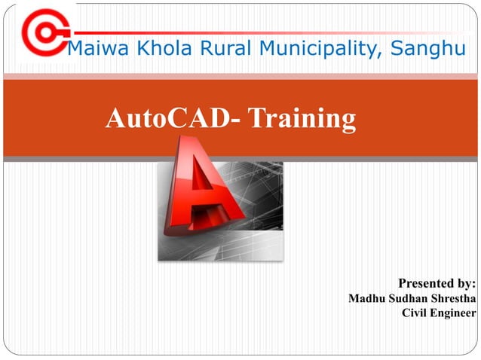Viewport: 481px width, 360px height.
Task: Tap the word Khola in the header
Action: pyautogui.click(x=149, y=50)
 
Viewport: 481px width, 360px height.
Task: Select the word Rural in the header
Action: pyautogui.click(x=206, y=50)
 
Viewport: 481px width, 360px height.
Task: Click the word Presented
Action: pyautogui.click(x=427, y=284)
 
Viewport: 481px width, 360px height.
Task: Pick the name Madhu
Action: pyautogui.click(x=367, y=299)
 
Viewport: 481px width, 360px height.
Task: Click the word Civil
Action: pyautogui.click(x=415, y=313)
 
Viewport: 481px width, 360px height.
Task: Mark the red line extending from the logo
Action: pyautogui.click(x=271, y=33)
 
